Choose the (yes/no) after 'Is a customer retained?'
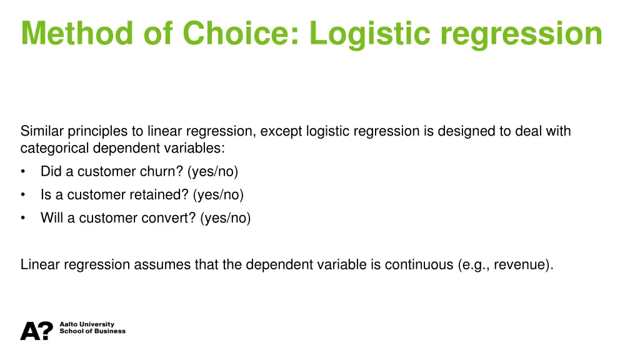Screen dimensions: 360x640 point(219,194)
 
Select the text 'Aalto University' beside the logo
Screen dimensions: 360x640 point(87,324)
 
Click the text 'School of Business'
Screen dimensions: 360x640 point(92,331)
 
